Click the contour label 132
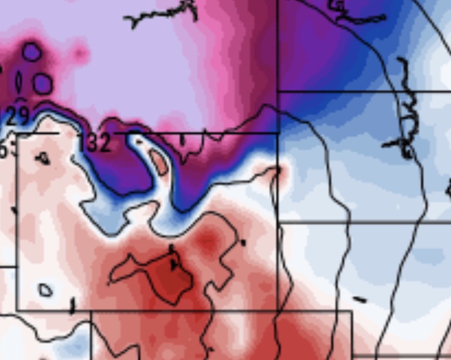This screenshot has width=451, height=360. pos(96,143)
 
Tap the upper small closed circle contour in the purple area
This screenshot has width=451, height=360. pos(32,52)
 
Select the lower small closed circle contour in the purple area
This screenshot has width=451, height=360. pos(42,84)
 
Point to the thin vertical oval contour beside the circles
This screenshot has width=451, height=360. pos(19,82)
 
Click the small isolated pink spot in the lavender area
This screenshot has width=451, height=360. pos(80,51)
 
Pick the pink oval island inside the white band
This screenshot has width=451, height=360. pos(159,162)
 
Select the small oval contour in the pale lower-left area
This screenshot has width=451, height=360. pos(45,290)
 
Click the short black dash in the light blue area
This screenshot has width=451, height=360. pos(359,300)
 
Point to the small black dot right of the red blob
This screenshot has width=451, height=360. pos(243,243)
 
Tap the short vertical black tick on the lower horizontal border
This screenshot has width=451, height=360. pos(73,305)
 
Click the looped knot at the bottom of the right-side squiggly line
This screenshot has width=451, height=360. pos(406,151)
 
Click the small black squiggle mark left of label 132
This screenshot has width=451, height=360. pos(43,158)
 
